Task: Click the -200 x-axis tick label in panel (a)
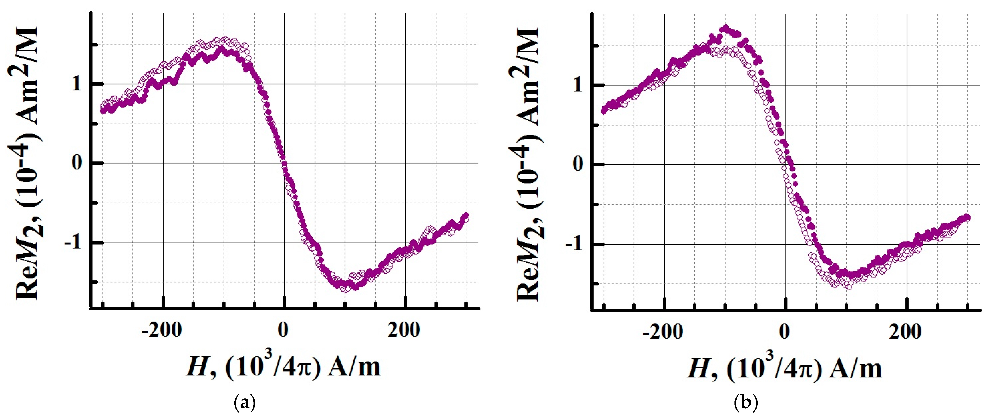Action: coord(161,331)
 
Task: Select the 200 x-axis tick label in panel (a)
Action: coord(403,331)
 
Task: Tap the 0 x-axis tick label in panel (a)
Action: coord(283,331)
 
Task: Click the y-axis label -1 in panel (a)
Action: coord(73,243)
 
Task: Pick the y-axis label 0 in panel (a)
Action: coord(77,163)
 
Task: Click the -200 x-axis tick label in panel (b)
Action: coord(662,332)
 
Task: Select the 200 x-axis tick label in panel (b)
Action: coord(905,332)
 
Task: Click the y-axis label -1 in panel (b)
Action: coord(574,244)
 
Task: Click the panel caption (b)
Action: coord(745,403)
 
